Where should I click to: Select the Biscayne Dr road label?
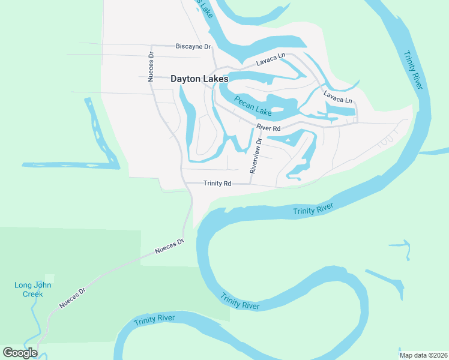pyautogui.click(x=193, y=46)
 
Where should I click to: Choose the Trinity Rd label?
pyautogui.click(x=217, y=183)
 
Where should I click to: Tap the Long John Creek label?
pyautogui.click(x=32, y=289)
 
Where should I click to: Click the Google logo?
pyautogui.click(x=20, y=353)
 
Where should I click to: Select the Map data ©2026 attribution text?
pyautogui.click(x=423, y=355)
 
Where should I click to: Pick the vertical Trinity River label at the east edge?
pyautogui.click(x=414, y=68)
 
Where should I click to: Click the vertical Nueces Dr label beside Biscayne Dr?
pyautogui.click(x=151, y=66)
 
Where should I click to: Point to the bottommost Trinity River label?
pyautogui.click(x=154, y=319)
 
